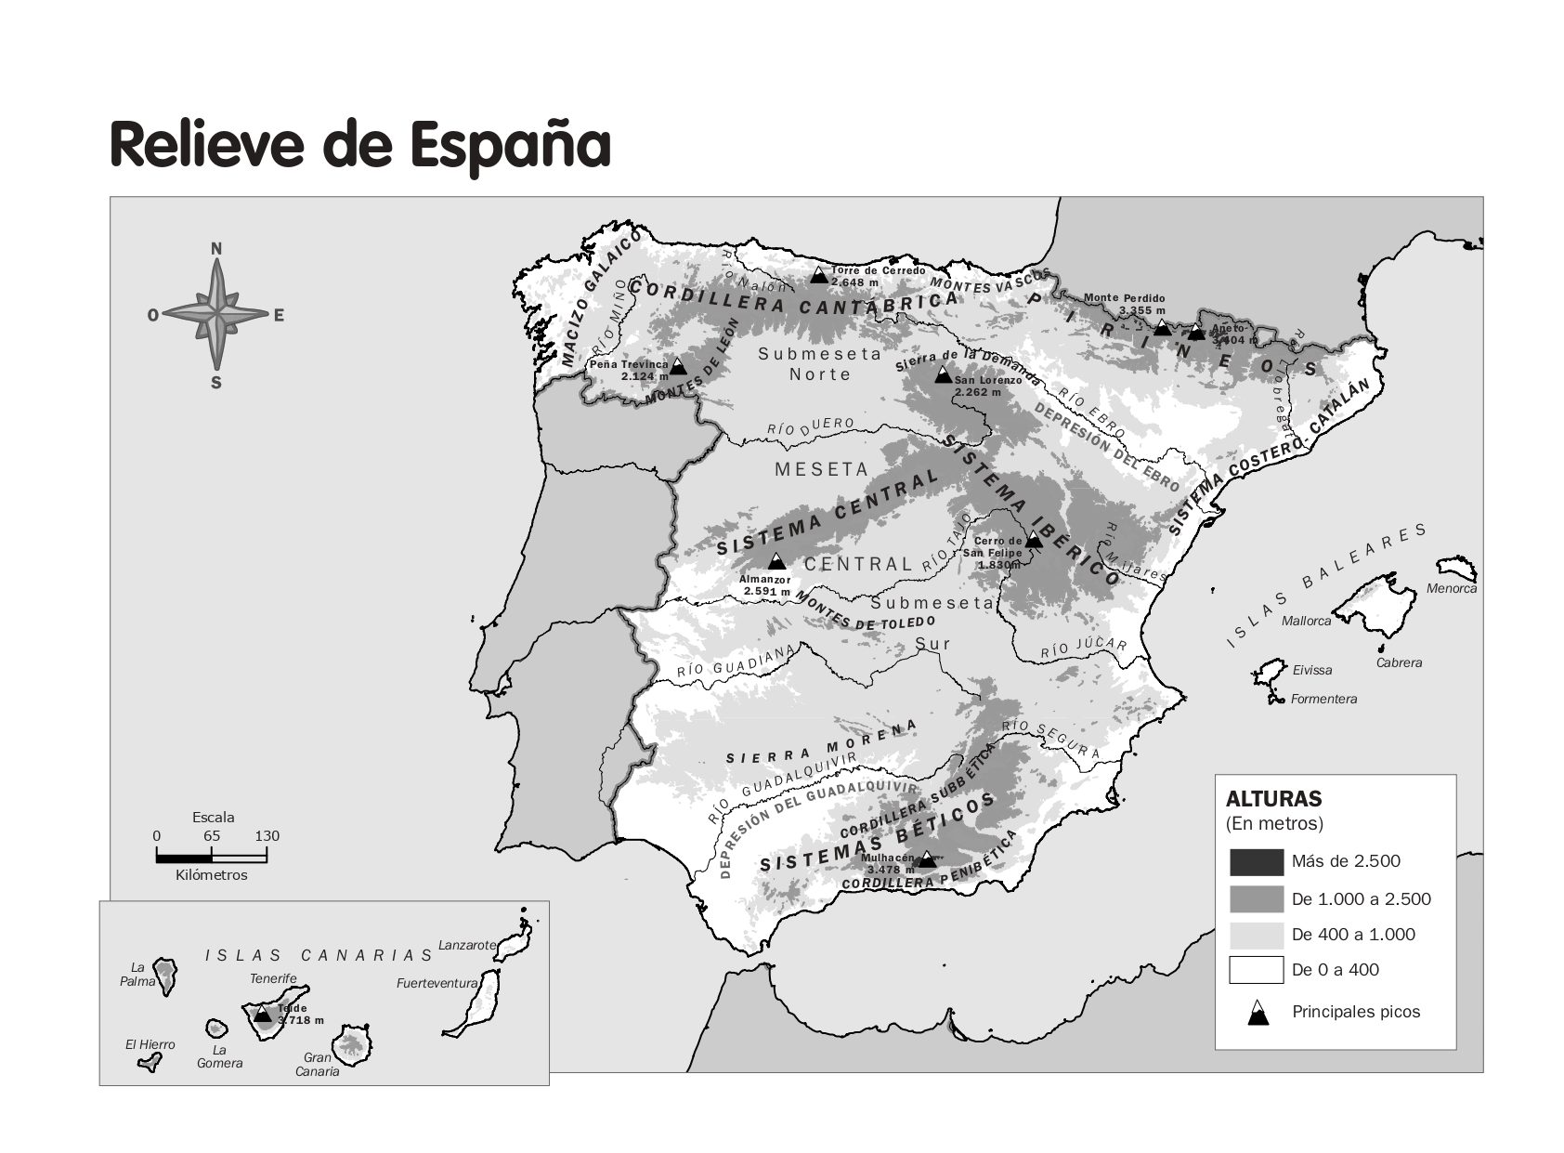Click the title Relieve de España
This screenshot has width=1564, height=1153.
pos(360,145)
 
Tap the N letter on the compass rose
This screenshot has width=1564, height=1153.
pos(216,248)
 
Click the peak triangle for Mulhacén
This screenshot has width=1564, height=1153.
pos(926,859)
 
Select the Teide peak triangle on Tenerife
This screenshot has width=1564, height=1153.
pos(263,1014)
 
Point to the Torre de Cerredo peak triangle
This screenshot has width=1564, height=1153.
pos(818,275)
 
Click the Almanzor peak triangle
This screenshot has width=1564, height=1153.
pos(776,561)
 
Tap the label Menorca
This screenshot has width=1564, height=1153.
pos(1451,588)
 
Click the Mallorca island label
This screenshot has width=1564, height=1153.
pos(1306,621)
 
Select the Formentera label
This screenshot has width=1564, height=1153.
pos(1323,699)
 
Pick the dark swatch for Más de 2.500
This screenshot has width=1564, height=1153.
pos(1256,862)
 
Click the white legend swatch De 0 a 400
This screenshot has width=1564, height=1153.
pos(1256,970)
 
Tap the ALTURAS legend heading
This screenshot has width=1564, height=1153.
pos(1273,799)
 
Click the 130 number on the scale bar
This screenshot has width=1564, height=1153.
pos(267,835)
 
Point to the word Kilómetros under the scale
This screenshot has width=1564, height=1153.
pos(212,874)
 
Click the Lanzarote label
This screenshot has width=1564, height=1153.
pos(466,945)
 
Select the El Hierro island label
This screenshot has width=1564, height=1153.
pos(150,1044)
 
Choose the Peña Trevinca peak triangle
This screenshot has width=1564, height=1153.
pos(678,366)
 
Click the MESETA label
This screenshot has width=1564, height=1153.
pos(822,469)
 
